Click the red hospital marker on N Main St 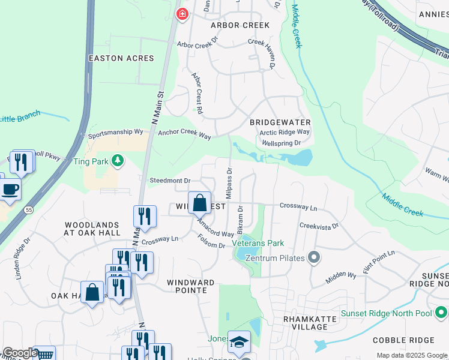pyautogui.click(x=181, y=14)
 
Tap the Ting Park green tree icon pyautogui.click(x=119, y=160)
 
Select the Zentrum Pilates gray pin pyautogui.click(x=313, y=258)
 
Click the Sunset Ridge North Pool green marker pyautogui.click(x=441, y=313)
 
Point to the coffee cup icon pyautogui.click(x=10, y=190)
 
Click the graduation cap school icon pyautogui.click(x=239, y=342)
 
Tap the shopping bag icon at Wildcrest pyautogui.click(x=200, y=203)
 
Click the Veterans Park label pyautogui.click(x=259, y=243)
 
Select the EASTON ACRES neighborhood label pyautogui.click(x=121, y=58)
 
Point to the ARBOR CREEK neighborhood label pyautogui.click(x=240, y=25)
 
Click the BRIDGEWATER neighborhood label pyautogui.click(x=276, y=122)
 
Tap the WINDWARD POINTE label pyautogui.click(x=191, y=286)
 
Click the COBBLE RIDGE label pyautogui.click(x=403, y=340)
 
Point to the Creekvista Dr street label pyautogui.click(x=319, y=226)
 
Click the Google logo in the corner pyautogui.click(x=19, y=353)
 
